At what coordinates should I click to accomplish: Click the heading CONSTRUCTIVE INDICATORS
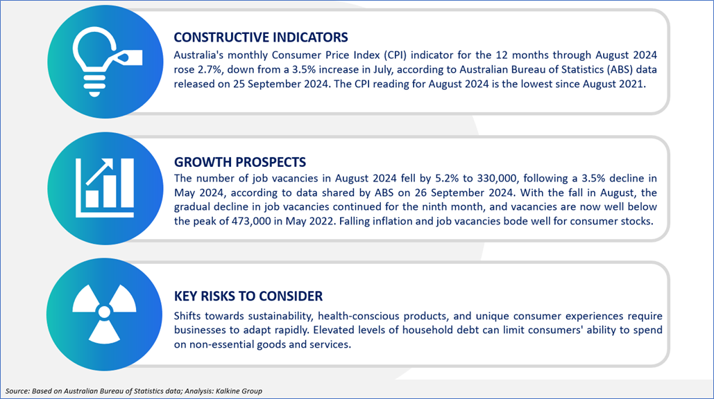[260, 37]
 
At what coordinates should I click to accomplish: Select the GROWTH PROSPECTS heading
[240, 162]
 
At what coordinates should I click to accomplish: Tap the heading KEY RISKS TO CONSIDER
[248, 296]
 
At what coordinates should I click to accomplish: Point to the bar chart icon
[105, 188]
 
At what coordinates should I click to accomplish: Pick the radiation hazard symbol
[104, 312]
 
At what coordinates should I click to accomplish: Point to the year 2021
[632, 84]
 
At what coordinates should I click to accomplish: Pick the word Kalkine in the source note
[227, 391]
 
